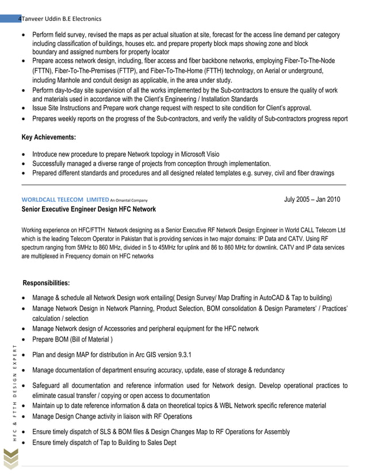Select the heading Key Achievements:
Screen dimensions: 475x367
(x=48, y=137)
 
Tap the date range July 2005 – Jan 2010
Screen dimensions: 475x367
(x=312, y=200)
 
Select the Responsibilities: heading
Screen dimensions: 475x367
(x=46, y=283)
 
